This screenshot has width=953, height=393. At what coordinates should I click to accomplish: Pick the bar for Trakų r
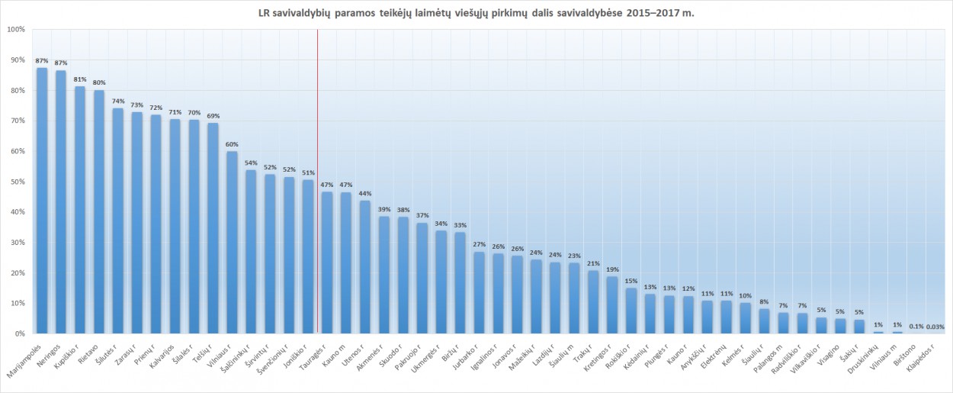coord(593,302)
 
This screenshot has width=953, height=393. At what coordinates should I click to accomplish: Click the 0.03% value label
coord(935,327)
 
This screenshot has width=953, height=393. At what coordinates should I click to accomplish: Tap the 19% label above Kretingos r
coord(611,269)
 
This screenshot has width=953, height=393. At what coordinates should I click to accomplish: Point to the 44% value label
coord(364,193)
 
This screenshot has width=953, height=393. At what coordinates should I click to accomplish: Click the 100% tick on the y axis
coord(15,30)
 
